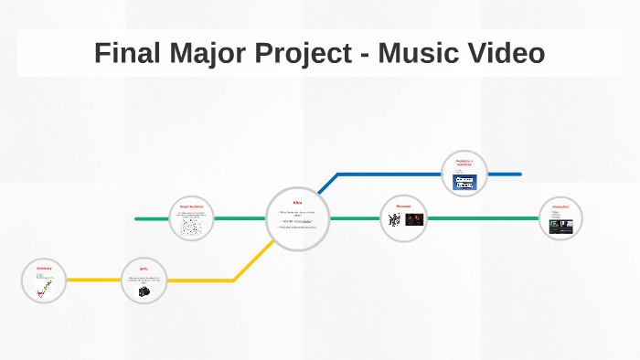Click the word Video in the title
[x=505, y=54]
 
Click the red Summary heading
[x=44, y=269]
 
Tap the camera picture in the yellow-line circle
[x=144, y=291]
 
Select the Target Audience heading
[x=191, y=207]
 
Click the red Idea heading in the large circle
[x=297, y=202]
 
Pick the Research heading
[x=403, y=206]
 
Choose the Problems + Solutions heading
[x=464, y=162]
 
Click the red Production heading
[x=560, y=206]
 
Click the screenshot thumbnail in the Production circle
[x=560, y=226]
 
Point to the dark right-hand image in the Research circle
[x=414, y=219]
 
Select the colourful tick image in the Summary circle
[x=44, y=290]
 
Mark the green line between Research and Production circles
[x=482, y=218]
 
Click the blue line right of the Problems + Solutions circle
[x=505, y=174]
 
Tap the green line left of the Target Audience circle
[x=151, y=218]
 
